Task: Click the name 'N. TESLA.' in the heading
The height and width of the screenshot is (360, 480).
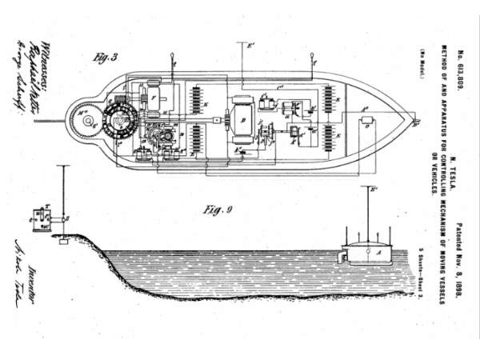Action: click(450, 152)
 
